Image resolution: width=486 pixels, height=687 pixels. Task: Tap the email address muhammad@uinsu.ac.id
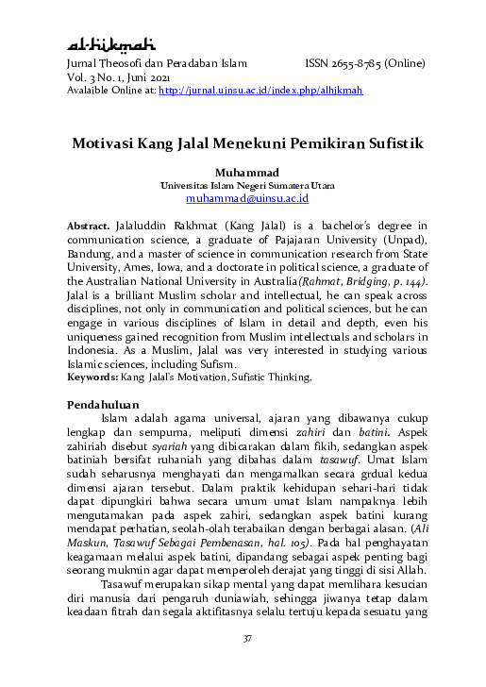248,200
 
